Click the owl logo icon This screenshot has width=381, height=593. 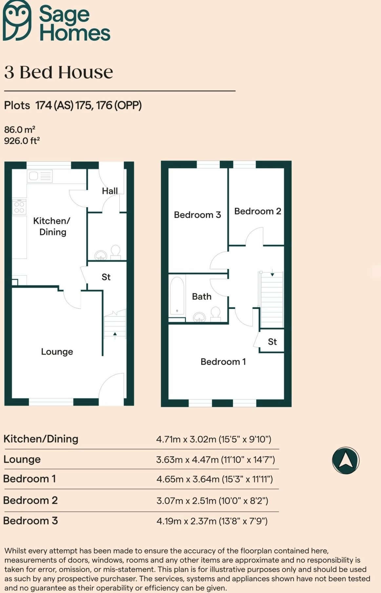[17, 20]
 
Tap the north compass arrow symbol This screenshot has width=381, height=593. [346, 460]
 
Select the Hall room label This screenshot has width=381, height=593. [110, 191]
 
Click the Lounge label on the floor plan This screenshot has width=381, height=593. [57, 352]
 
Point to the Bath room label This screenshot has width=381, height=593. [202, 296]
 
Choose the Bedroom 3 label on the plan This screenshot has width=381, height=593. [197, 215]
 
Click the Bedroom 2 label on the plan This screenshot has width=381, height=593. [258, 211]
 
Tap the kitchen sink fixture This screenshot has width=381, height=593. [40, 176]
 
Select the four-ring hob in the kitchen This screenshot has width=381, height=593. [19, 207]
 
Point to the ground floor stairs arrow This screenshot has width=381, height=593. [115, 334]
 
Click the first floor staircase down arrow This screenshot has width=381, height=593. [272, 274]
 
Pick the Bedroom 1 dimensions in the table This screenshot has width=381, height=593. [214, 479]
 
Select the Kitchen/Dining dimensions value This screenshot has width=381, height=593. [213, 439]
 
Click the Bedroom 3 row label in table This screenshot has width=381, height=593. [30, 520]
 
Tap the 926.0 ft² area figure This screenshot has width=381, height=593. [22, 141]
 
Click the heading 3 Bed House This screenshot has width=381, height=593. [59, 72]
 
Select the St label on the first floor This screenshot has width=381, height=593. [272, 342]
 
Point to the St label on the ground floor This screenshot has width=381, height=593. [106, 277]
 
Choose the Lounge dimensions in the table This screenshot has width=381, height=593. [215, 459]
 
